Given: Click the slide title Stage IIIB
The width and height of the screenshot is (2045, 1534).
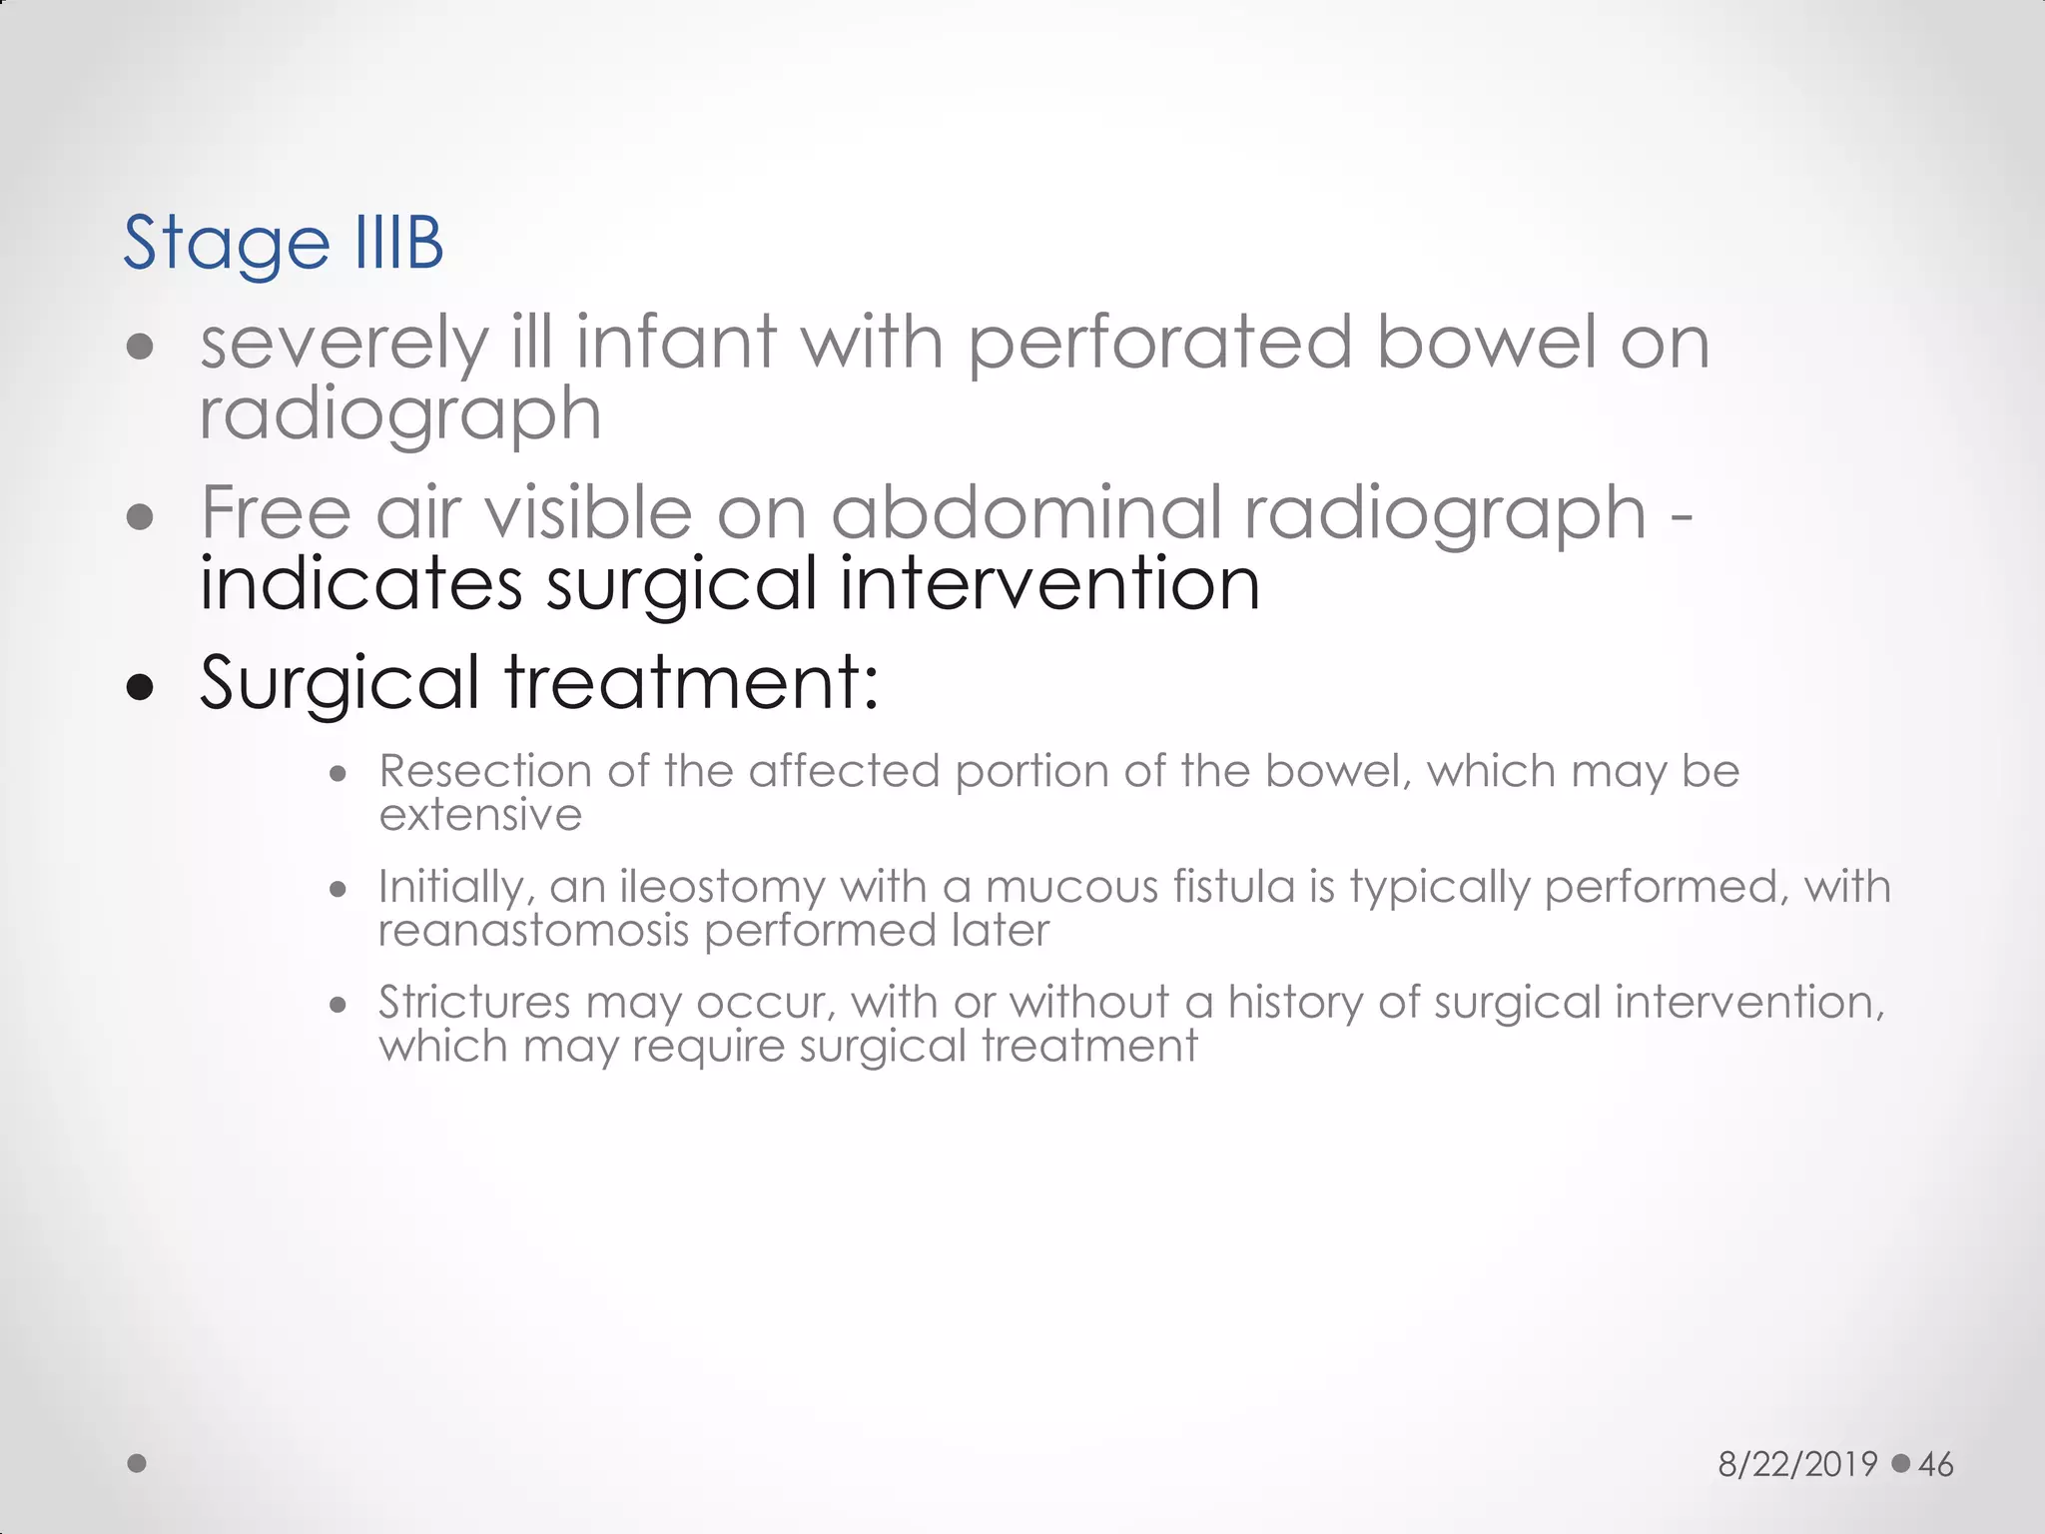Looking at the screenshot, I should point(283,243).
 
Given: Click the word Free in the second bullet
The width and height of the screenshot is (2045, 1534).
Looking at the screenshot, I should point(276,512).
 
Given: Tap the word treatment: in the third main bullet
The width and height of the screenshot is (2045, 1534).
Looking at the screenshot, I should point(691,682).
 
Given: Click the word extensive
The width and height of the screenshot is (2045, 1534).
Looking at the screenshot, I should point(480,815).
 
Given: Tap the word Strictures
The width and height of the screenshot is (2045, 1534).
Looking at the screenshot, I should point(473,1002).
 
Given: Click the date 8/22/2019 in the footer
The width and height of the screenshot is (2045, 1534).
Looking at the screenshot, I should point(1797,1464).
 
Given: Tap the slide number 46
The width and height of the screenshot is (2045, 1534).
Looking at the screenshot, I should point(1935,1464).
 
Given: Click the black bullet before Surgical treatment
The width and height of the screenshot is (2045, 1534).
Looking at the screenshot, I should point(141,687).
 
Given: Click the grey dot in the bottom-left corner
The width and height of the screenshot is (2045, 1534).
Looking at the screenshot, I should point(138,1463).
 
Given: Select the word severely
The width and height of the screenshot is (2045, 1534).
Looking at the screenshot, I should point(344,344).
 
